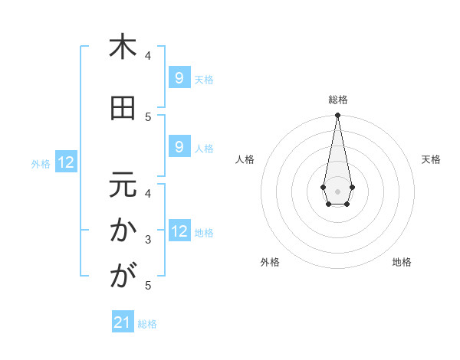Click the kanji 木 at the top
coord(122,47)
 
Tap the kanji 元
coord(122,185)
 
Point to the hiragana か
coord(122,231)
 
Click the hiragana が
coord(122,277)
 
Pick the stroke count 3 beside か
coord(148,240)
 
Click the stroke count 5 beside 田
coord(148,117)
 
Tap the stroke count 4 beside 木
coord(148,56)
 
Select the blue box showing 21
coord(123,322)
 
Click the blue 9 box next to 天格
coord(179,77)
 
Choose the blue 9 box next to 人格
coord(179,146)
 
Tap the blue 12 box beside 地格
coord(179,231)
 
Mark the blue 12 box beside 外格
coord(66,162)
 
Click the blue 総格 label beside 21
coord(147,324)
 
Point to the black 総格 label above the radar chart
coord(337,100)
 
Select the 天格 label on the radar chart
coord(431,159)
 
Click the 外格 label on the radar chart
coord(270,262)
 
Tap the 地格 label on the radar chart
coord(402,262)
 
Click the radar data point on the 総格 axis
coord(337,116)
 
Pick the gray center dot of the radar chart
coord(337,191)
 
